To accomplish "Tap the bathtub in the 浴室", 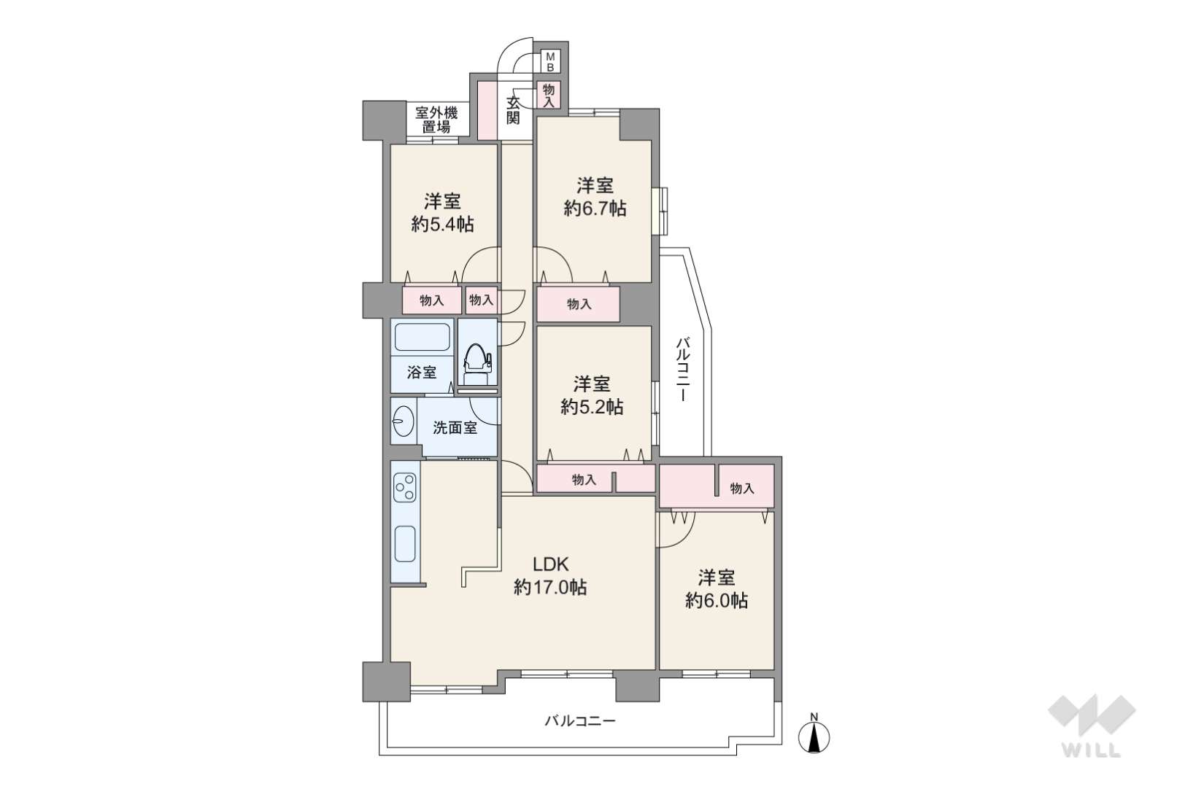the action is (422, 337).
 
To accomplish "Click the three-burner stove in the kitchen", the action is (405, 488).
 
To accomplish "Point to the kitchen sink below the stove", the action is (405, 543).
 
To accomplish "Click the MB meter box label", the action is (550, 62).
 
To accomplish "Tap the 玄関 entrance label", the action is (513, 110).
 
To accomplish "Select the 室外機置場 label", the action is (436, 120).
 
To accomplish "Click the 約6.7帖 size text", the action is (595, 209).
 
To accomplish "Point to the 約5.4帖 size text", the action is (443, 225).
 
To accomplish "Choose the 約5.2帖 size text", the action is (592, 408).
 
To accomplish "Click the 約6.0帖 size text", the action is (717, 602).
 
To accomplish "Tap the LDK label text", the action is (550, 564).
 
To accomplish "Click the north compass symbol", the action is (814, 734).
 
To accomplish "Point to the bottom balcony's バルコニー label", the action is (580, 722).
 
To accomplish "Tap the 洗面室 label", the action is (455, 428).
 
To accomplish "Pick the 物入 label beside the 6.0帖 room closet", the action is (742, 488).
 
